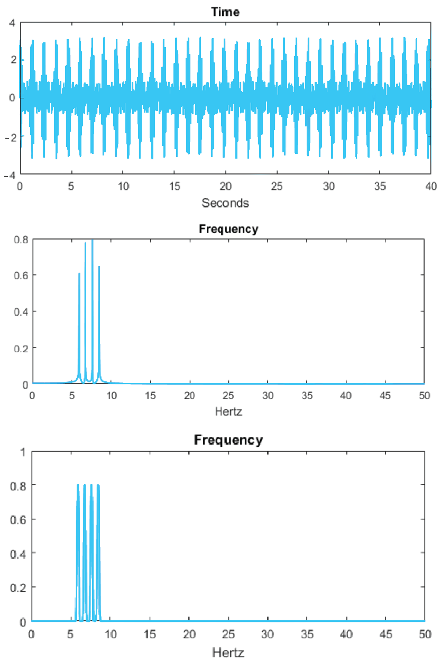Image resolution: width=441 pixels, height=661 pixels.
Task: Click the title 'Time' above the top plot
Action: point(225,12)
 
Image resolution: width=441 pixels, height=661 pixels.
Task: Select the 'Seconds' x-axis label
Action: point(225,203)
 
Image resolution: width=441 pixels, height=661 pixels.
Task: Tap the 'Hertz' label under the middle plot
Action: point(228,410)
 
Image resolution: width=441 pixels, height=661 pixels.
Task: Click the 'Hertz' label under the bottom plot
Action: point(228,652)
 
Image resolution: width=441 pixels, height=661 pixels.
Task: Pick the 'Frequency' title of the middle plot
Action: point(228,229)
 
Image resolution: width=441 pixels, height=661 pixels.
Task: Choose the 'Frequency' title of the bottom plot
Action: point(228,440)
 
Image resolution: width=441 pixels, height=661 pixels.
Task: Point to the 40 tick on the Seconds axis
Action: point(431,186)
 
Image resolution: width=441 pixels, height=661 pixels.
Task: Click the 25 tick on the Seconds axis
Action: point(277,186)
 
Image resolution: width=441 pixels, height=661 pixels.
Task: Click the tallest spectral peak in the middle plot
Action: point(92,241)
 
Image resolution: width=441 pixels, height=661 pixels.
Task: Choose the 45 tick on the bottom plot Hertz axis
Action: point(385,633)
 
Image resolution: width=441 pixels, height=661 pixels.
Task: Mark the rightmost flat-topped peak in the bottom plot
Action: point(98,485)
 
